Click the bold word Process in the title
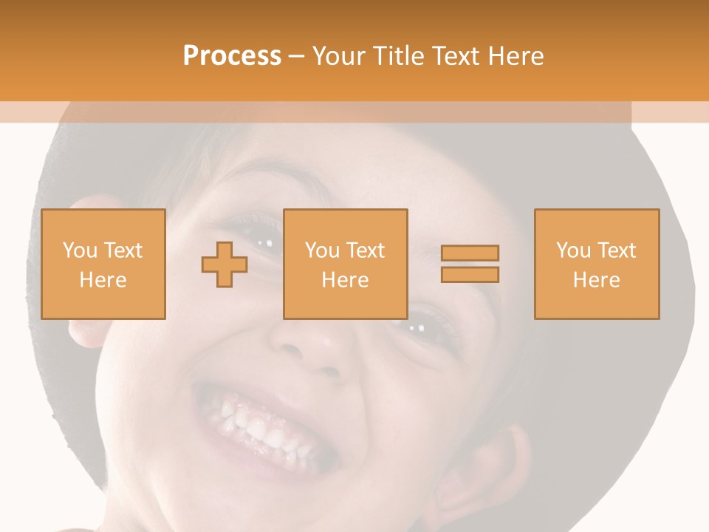[x=232, y=56]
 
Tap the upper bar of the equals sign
[x=470, y=253]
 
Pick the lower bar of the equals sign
[x=470, y=274]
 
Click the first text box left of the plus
[x=103, y=264]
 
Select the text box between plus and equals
[x=346, y=264]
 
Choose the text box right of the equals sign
[x=597, y=264]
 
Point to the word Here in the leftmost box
[x=103, y=280]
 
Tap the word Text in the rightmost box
[x=616, y=250]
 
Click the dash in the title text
[x=296, y=56]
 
